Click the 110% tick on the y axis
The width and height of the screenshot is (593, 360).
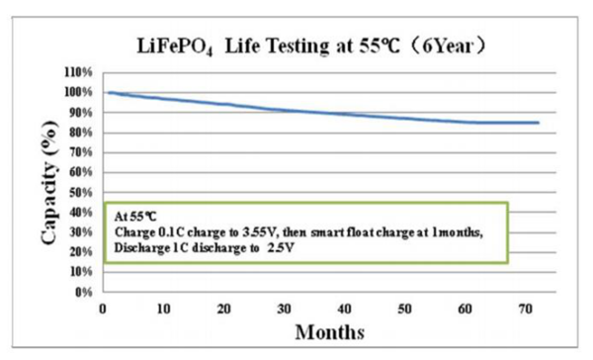tap(79, 72)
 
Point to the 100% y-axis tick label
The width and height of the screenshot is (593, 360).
tap(79, 92)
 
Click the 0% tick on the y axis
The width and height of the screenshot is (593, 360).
tap(84, 293)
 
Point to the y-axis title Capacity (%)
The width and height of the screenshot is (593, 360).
tap(47, 183)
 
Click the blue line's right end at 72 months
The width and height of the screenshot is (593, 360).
tap(539, 123)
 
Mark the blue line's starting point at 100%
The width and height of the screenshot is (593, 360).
tap(105, 92)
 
